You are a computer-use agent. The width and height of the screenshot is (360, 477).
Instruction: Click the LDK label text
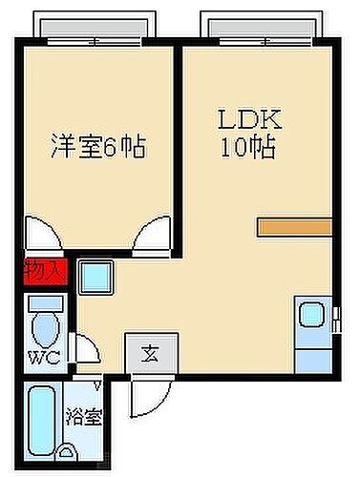coord(250,121)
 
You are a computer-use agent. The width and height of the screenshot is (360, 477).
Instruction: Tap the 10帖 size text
coord(250,149)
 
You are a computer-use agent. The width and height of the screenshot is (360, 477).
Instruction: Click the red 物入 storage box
coord(42,270)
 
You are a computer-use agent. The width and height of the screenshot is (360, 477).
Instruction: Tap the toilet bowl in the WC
coord(44,330)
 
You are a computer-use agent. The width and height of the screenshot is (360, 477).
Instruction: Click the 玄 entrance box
coord(150,353)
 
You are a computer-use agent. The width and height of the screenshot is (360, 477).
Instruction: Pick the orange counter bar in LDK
coord(294,227)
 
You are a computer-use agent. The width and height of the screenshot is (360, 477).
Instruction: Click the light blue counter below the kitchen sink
coord(311,359)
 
